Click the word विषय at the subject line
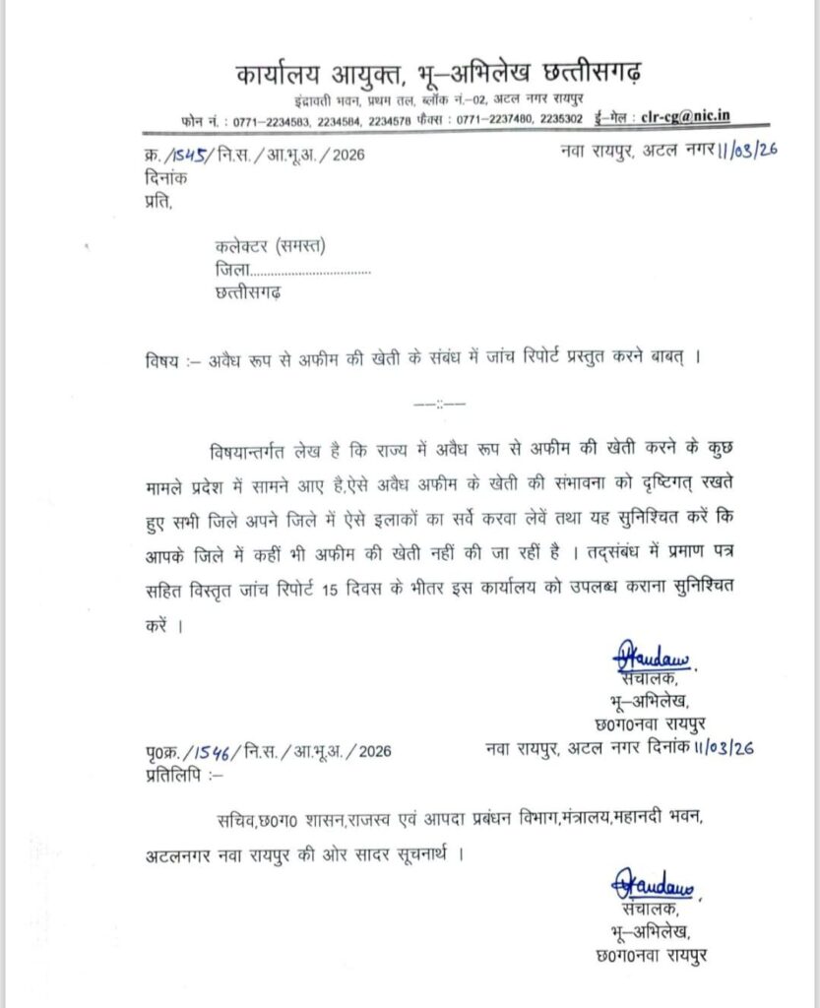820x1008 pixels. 159,360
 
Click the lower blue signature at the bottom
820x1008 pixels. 653,884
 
